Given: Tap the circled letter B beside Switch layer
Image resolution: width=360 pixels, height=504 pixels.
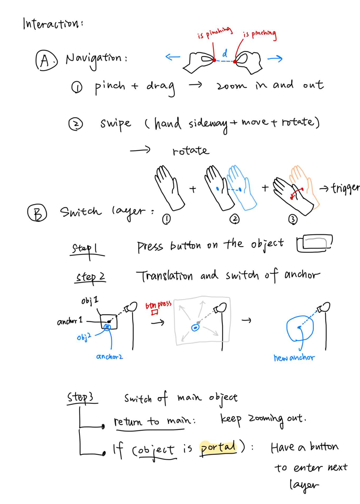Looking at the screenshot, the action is click(37, 213).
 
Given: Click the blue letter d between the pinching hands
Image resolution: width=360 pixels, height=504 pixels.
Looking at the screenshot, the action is click(225, 54).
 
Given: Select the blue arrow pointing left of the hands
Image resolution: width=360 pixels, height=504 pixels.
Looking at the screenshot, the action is click(173, 57).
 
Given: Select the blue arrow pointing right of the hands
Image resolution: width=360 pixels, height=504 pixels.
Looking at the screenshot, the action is click(275, 58).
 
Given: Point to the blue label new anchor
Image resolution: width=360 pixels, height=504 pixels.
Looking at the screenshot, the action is click(294, 358).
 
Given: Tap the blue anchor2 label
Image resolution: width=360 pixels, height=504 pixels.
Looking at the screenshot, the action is click(110, 357).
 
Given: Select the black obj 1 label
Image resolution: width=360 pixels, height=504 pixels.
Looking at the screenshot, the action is click(90, 301).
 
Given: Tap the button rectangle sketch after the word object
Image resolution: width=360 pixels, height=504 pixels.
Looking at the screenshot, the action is click(314, 243).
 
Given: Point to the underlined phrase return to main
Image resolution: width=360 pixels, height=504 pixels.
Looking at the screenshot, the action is click(153, 421).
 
